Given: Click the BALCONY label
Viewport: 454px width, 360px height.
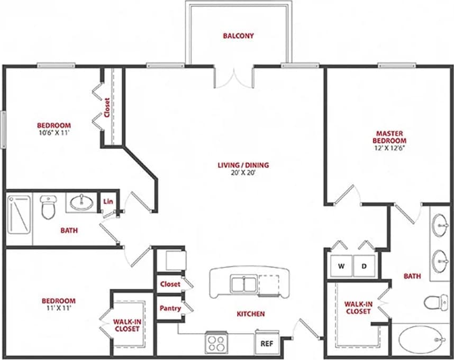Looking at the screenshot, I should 238,36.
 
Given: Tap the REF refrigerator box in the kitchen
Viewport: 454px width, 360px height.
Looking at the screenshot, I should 267,343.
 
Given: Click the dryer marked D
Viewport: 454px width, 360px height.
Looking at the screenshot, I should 364,266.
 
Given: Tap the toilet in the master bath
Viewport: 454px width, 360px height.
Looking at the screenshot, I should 433,303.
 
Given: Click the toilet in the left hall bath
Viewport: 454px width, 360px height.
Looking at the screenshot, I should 48,207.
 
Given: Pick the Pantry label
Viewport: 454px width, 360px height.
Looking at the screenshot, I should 170,308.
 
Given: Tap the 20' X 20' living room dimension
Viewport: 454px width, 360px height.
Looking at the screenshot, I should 243,173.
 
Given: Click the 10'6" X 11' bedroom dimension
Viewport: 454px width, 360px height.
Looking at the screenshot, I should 53,133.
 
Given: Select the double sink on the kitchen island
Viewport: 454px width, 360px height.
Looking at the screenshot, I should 244,284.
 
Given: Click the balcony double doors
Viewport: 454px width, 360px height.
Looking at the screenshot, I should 234,78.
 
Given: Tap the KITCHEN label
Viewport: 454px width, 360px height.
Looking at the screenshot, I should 250,314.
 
